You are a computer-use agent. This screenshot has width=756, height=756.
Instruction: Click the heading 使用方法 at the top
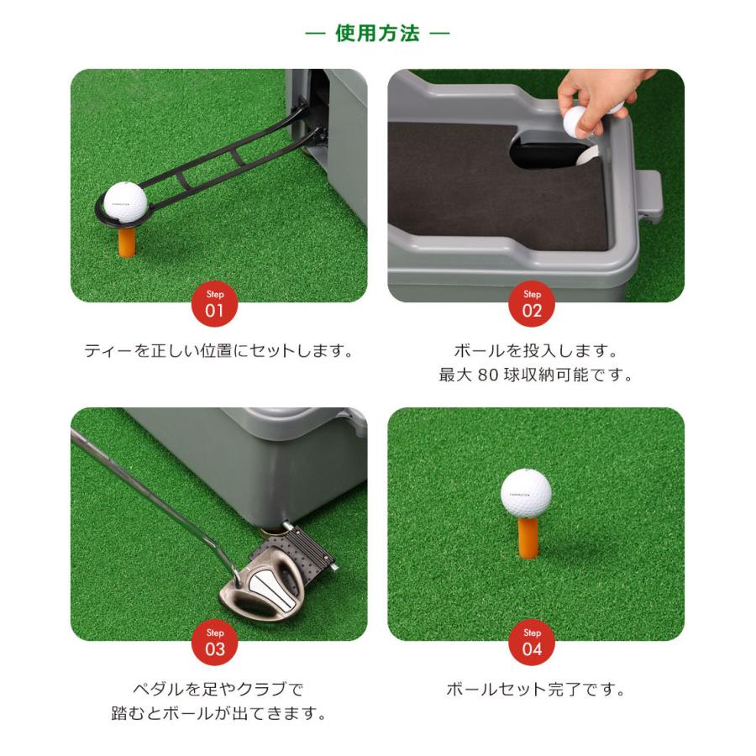click(377, 34)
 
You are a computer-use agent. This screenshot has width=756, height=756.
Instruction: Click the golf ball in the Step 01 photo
click(125, 202)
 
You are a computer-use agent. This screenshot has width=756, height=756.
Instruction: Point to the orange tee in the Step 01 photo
click(126, 241)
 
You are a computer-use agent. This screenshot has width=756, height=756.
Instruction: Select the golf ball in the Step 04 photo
click(526, 492)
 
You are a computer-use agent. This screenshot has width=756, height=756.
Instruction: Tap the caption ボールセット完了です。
click(535, 690)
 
